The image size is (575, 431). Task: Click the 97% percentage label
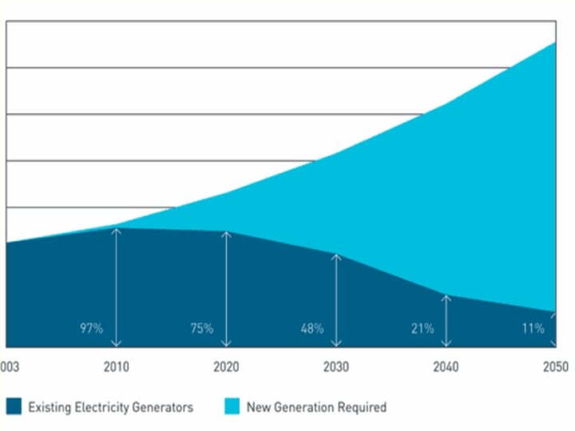[x=92, y=328]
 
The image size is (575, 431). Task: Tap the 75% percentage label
[x=201, y=328]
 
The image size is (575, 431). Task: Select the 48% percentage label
[x=311, y=328]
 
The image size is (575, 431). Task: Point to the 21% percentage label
[x=422, y=328]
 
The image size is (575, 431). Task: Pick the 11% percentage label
[x=533, y=328]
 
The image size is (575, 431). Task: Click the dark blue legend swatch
[x=13, y=407]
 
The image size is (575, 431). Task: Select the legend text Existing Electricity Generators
[x=111, y=407]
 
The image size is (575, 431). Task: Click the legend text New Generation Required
[x=316, y=407]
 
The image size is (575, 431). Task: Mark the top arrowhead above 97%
[x=117, y=231]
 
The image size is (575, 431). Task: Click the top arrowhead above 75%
[x=227, y=235]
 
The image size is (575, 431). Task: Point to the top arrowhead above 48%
[x=336, y=257]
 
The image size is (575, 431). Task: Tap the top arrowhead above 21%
[x=446, y=297]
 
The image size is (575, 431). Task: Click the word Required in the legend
[x=362, y=407]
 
